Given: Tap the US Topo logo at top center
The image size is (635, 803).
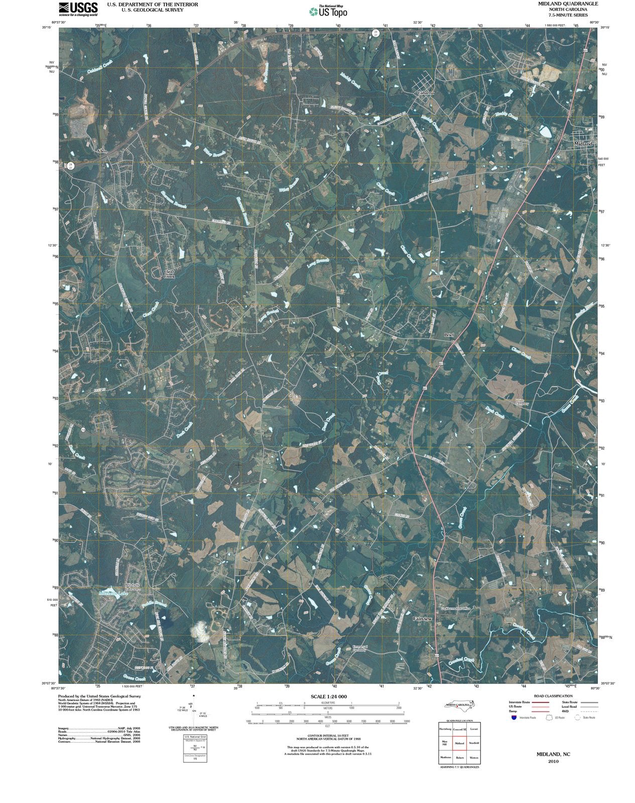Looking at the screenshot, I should click(x=329, y=11).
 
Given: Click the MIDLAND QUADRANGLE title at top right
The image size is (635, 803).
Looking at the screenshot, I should click(x=567, y=4).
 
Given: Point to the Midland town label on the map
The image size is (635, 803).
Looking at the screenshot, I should click(x=583, y=144).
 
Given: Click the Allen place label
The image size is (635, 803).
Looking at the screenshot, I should click(x=101, y=151).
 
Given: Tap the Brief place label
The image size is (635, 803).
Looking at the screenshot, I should click(x=449, y=334).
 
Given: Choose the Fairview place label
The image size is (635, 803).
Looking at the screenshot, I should click(x=422, y=619).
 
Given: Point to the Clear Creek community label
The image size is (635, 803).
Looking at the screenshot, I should click(x=170, y=274).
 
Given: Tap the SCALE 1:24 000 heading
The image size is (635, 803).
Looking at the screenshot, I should click(x=328, y=697).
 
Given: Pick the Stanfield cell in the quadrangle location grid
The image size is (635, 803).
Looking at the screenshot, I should click(x=474, y=743).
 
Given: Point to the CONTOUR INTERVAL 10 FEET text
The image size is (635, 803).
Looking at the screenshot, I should click(x=328, y=735).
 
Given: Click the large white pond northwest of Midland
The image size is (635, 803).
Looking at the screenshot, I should click(x=545, y=131).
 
